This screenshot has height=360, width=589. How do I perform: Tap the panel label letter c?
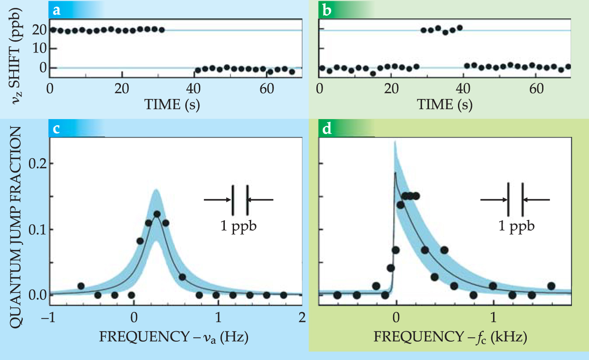[57, 130]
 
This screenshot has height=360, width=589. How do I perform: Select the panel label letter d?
[326, 130]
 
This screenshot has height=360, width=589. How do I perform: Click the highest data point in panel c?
[157, 214]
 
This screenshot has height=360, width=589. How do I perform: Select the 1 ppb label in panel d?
[515, 227]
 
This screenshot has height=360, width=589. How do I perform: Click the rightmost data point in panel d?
[551, 286]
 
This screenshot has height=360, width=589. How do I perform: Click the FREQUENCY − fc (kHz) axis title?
[450, 337]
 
